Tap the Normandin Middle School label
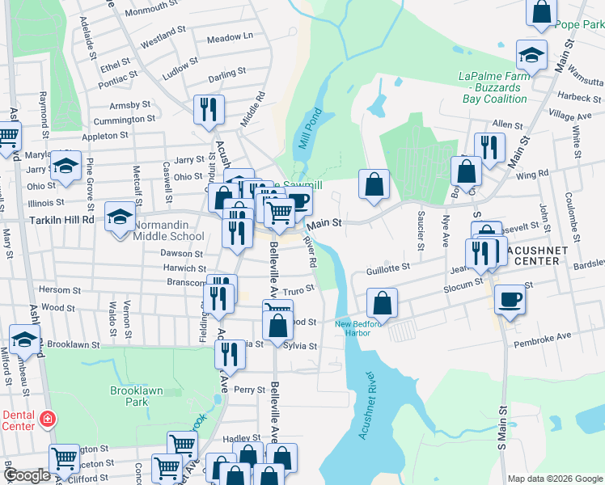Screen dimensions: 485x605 169,230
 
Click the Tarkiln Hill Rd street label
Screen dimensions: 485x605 61,219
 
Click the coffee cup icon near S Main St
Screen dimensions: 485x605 509,298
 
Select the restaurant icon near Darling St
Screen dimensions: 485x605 209,108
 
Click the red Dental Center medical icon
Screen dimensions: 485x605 48,420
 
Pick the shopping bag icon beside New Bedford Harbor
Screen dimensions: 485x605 382,302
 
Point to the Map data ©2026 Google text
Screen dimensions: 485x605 554,479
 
